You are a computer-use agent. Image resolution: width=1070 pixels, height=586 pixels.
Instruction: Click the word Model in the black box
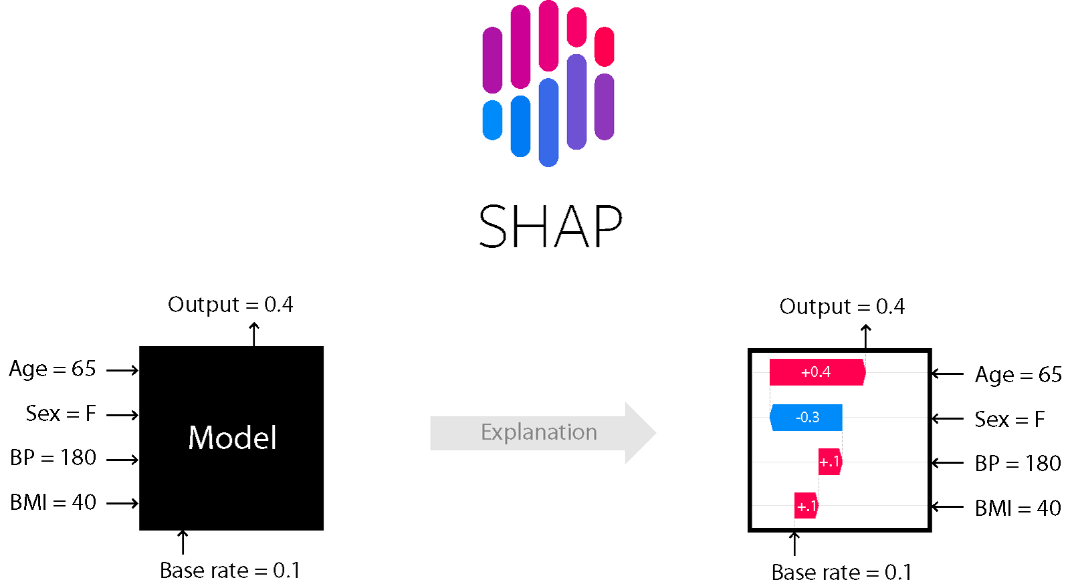pos(232,438)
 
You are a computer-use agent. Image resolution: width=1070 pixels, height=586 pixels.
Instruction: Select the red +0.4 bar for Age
pos(817,372)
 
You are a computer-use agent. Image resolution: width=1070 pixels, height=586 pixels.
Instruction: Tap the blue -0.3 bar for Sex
pos(807,418)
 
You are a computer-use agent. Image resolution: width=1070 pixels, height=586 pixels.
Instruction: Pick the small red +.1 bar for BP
pos(829,462)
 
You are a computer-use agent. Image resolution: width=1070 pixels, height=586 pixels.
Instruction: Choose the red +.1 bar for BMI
pos(806,506)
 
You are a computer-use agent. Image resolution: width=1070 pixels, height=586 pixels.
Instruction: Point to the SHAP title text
pos(550,227)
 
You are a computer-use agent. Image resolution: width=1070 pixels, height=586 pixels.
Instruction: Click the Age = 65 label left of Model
pos(52,369)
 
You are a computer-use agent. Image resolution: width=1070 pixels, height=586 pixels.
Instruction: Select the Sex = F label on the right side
pos(1009,420)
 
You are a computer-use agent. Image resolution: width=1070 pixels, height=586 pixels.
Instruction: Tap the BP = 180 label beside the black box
pos(53,458)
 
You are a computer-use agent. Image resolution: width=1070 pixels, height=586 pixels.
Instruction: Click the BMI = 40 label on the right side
pos(1017,508)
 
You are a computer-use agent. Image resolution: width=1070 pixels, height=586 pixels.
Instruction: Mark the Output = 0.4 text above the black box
pos(230,305)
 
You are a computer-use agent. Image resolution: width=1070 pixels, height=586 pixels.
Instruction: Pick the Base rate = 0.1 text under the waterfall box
pos(841,573)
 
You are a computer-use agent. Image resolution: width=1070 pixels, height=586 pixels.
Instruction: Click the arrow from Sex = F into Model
pos(122,415)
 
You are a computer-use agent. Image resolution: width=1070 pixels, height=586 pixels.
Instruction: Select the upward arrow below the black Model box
pos(183,542)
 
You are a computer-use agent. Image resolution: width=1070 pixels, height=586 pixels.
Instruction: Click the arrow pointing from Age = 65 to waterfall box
pos(948,374)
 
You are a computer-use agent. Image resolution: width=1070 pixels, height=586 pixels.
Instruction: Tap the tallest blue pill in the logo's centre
pos(548,122)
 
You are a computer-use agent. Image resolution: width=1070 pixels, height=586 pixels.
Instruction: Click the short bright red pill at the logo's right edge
pos(604,46)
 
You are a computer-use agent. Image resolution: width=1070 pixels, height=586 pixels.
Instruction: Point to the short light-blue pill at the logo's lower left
pos(492,120)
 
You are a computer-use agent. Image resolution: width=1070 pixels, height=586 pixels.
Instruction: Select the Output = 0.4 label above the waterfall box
pos(841,307)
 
